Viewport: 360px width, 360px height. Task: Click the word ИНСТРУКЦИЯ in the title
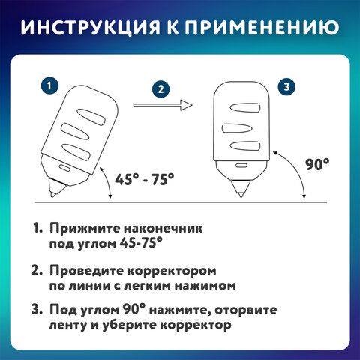pos(90,27)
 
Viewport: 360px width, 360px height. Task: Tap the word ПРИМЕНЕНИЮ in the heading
pos(262,27)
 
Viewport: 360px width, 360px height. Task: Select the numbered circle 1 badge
pos(49,86)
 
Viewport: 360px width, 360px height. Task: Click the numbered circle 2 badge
pos(160,89)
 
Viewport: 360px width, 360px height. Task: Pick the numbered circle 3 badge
pos(286,87)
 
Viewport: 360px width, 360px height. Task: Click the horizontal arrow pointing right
pos(163,105)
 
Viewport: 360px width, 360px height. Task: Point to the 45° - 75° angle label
pos(144,179)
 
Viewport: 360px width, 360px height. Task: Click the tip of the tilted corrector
pos(52,196)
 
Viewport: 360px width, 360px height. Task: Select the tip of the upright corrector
pos(241,196)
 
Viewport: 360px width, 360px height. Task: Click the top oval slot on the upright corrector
pos(245,108)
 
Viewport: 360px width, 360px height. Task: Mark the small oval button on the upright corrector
pos(241,165)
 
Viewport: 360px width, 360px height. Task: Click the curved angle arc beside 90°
pos(295,170)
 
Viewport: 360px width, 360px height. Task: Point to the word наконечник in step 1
pos(163,228)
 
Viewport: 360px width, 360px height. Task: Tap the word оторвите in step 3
pos(246,310)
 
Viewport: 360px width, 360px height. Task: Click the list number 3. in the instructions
pos(37,310)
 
